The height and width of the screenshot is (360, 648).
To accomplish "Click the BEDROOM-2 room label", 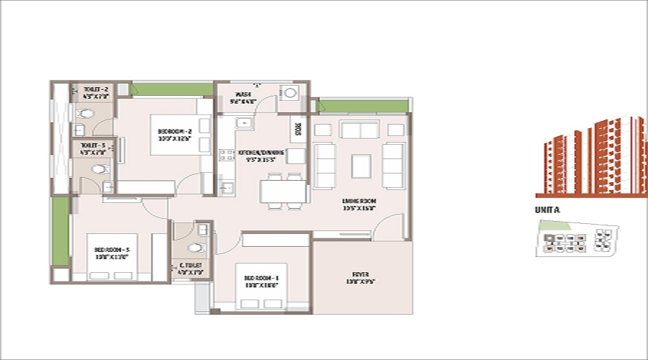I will tap(174, 135).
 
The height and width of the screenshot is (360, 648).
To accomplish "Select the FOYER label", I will tap(361, 278).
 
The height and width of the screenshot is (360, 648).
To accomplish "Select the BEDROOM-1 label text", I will tap(261, 282).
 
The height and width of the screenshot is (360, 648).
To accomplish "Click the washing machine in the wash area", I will tap(291, 93).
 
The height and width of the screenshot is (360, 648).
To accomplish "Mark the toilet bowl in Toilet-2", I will tap(86, 113).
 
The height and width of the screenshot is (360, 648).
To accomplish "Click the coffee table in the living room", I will tap(361, 166).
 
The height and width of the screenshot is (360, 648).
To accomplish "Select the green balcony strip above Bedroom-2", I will tap(165, 90).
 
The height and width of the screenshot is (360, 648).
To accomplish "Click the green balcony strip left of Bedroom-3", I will tap(60, 230).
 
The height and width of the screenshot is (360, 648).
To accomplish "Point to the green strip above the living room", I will tap(363, 106).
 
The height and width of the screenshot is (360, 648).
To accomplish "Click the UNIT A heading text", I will tap(549, 210).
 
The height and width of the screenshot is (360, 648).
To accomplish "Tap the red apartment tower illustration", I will tap(591, 158).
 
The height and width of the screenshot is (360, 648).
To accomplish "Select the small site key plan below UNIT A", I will tap(575, 239).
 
